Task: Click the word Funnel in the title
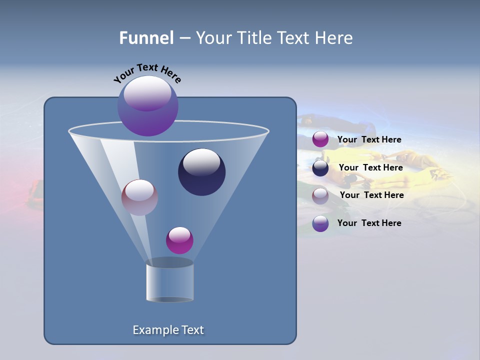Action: pos(146,37)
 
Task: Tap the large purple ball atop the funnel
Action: pos(148,106)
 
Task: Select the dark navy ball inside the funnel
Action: pos(202,172)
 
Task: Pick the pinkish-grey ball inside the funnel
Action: pos(139,197)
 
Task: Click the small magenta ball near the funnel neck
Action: pos(179,240)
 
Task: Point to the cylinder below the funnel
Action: pos(169,283)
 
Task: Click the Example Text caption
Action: pos(168,330)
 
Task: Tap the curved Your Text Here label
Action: pos(147,72)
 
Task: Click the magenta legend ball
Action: pos(320,139)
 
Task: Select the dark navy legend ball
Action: pos(320,168)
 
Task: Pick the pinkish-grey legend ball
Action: pos(320,195)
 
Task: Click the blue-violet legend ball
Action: pos(320,223)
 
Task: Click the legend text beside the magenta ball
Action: pos(369,139)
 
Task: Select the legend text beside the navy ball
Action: pos(370,167)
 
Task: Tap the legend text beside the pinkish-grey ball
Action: pos(371,195)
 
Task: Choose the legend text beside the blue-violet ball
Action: pos(369,223)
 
